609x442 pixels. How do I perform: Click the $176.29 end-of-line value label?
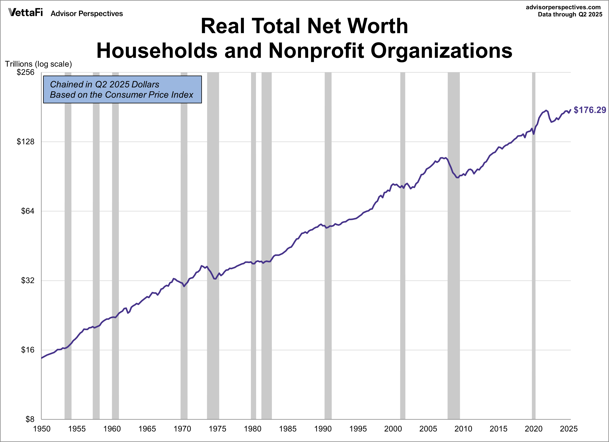tap(590, 110)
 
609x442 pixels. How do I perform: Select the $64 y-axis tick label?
tap(28, 211)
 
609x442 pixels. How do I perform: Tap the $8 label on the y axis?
tap(30, 419)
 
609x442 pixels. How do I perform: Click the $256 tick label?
tap(26, 72)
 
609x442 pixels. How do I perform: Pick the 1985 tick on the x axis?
tap(288, 429)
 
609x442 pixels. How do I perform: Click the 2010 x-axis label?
tap(463, 429)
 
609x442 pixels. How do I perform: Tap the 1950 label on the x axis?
tap(42, 429)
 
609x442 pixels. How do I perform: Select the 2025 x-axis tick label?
tap(568, 429)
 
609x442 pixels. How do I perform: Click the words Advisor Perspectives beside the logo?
tap(87, 14)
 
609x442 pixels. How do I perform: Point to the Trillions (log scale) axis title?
tap(38, 64)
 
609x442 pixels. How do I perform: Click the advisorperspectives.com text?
tap(563, 7)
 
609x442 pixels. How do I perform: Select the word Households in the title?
tap(157, 51)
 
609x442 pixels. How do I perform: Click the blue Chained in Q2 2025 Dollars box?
tap(122, 89)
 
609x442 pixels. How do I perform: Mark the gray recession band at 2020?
tap(534, 242)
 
